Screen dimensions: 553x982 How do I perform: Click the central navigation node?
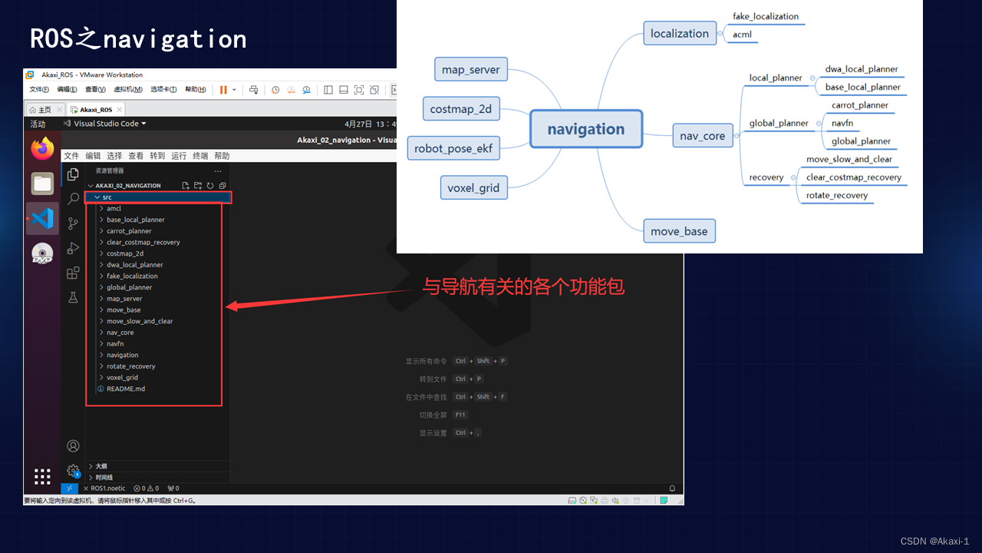585,129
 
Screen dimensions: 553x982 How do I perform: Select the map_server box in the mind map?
470,70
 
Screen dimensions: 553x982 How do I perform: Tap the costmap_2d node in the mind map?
460,109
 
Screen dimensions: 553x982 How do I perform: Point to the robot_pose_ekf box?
453,148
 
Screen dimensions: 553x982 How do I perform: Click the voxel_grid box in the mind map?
473,187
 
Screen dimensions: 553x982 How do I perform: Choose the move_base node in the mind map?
679,231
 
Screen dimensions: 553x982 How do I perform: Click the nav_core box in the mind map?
702,136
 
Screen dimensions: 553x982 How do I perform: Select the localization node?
680,34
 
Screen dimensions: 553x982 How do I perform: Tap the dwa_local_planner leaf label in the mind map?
861,69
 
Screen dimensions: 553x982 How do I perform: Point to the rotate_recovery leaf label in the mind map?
836,195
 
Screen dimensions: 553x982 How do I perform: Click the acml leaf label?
742,35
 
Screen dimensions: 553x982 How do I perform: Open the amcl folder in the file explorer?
114,208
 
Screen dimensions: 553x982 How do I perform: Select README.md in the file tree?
125,389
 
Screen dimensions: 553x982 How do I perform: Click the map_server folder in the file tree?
124,299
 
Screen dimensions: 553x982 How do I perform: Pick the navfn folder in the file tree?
115,343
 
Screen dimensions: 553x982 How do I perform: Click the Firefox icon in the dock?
43,148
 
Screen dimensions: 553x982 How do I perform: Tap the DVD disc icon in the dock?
42,254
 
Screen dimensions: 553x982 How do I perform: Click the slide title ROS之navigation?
138,39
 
